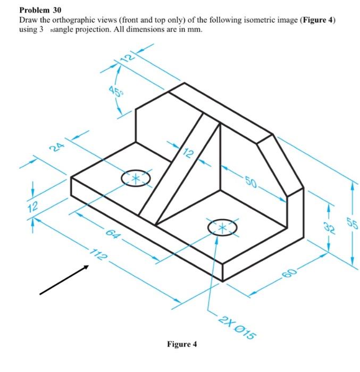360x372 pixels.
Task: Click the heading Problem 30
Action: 40,10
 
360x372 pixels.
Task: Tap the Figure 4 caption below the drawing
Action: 182,344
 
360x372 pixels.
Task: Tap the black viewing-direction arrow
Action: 63,279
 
